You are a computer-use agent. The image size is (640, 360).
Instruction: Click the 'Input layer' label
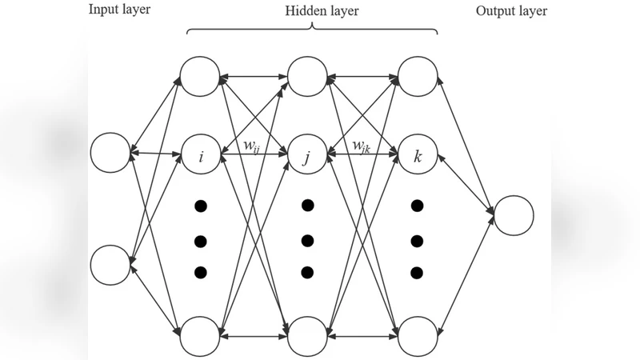(119, 11)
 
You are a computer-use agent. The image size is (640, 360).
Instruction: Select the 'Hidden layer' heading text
(322, 11)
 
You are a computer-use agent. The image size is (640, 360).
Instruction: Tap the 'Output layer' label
(511, 11)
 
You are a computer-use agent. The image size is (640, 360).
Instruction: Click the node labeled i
(200, 154)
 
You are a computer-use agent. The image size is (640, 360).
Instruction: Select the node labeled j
(308, 154)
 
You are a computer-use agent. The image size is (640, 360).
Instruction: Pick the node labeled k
(417, 154)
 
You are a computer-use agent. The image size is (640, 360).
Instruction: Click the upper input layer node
(110, 153)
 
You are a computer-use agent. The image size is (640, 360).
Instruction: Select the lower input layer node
(110, 265)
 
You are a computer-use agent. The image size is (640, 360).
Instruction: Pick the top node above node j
(308, 77)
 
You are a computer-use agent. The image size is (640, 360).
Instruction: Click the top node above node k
(417, 77)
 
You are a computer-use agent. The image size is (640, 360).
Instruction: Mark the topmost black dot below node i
(201, 206)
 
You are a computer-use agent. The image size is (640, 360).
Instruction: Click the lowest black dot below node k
(417, 273)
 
